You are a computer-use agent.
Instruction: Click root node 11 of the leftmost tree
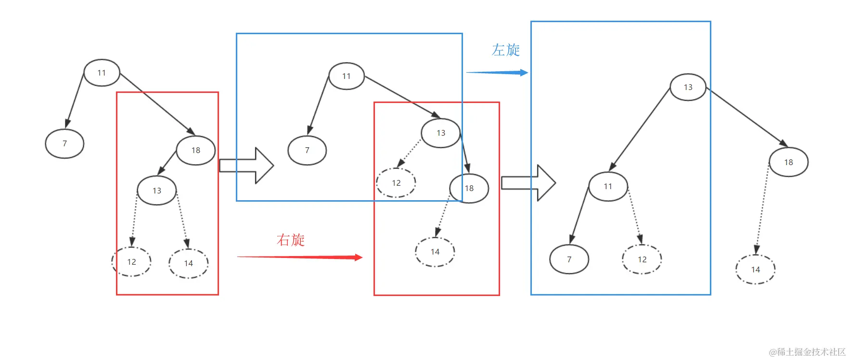pyautogui.click(x=102, y=73)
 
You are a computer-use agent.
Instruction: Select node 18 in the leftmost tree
pyautogui.click(x=196, y=150)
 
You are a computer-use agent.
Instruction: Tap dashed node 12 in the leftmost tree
pyautogui.click(x=131, y=262)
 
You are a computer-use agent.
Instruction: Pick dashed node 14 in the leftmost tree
pyautogui.click(x=188, y=263)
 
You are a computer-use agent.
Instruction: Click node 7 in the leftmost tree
pyautogui.click(x=64, y=143)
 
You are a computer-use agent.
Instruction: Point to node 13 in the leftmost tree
pyautogui.click(x=157, y=191)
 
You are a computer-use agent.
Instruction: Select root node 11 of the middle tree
pyautogui.click(x=347, y=76)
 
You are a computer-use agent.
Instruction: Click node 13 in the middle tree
pyautogui.click(x=441, y=133)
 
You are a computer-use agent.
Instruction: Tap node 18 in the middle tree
pyautogui.click(x=469, y=188)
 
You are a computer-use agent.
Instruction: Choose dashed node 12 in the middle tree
pyautogui.click(x=396, y=183)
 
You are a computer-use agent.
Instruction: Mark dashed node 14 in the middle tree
pyautogui.click(x=435, y=252)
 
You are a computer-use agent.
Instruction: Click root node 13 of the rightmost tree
pyautogui.click(x=688, y=87)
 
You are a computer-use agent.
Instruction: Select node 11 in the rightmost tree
pyautogui.click(x=608, y=186)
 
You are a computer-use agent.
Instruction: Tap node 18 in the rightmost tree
pyautogui.click(x=789, y=162)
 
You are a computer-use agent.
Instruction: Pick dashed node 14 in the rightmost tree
pyautogui.click(x=756, y=270)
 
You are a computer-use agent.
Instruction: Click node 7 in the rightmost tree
pyautogui.click(x=569, y=259)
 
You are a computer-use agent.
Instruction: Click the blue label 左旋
pyautogui.click(x=506, y=50)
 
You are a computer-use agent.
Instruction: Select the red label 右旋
pyautogui.click(x=291, y=240)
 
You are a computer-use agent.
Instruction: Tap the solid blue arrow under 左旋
pyautogui.click(x=497, y=73)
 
